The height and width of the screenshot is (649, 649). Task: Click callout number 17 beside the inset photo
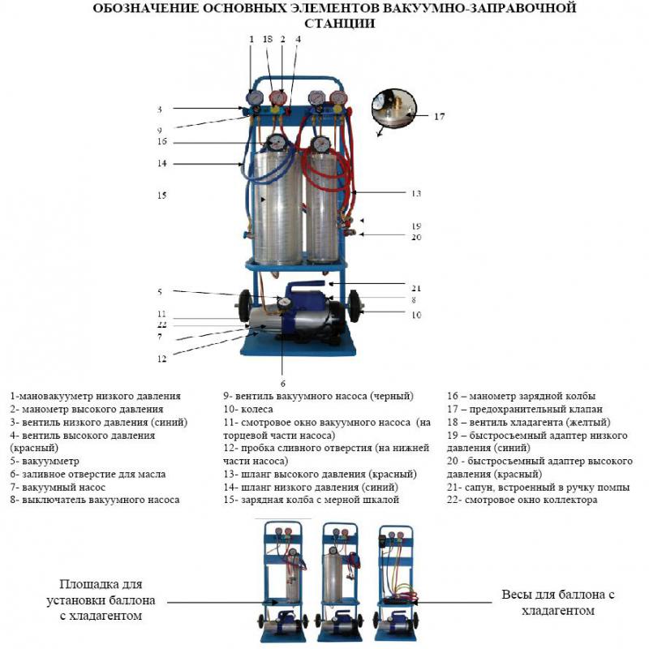(x=439, y=116)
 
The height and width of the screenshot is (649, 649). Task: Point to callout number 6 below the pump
(x=283, y=383)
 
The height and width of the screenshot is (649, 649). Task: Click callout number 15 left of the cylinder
(x=161, y=195)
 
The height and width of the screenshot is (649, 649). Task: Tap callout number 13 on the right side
(x=416, y=194)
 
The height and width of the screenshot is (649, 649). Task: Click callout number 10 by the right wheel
(x=416, y=314)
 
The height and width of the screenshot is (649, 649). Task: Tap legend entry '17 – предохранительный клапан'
(x=525, y=410)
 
